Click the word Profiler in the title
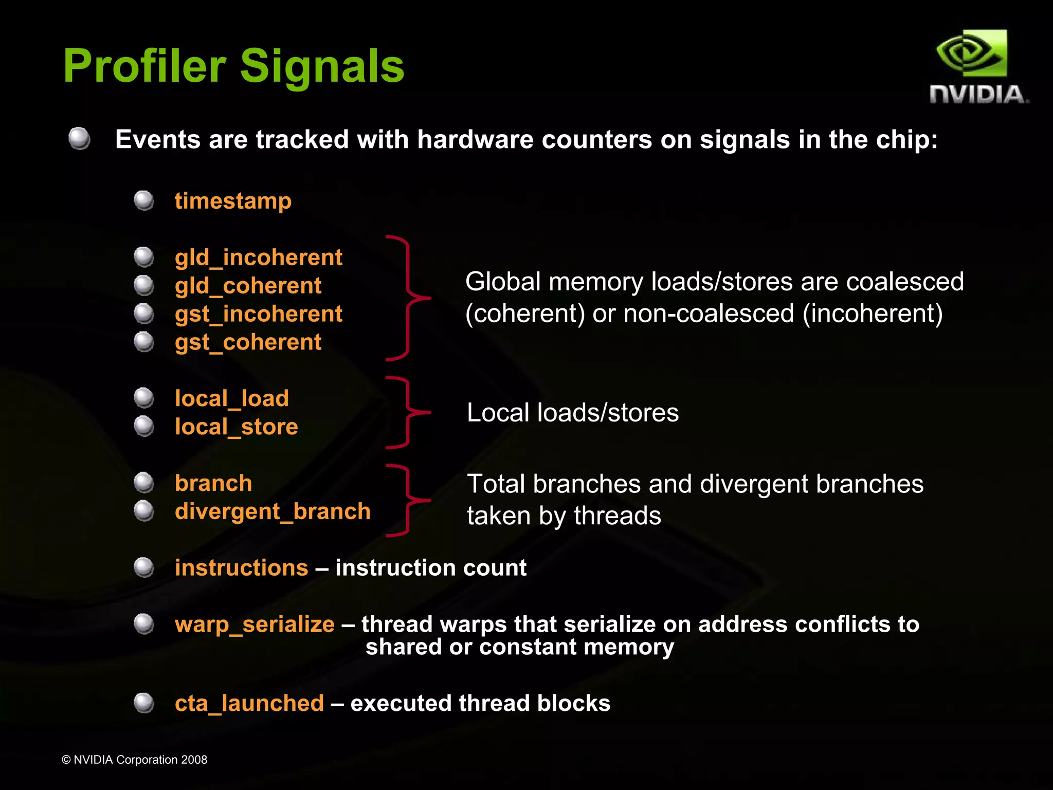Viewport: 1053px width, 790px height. tap(144, 66)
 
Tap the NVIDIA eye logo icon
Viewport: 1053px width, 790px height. tap(971, 53)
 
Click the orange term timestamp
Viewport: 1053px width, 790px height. tap(233, 200)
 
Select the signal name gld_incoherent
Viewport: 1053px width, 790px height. tap(258, 257)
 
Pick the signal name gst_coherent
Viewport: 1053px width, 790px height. tap(248, 342)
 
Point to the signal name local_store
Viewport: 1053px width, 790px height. tap(236, 427)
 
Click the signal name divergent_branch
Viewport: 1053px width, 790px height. tap(273, 511)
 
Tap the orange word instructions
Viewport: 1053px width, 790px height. tap(241, 568)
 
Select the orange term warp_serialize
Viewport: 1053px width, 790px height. tap(255, 624)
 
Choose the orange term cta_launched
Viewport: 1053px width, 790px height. tap(249, 703)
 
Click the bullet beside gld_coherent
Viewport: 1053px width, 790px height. tap(144, 285)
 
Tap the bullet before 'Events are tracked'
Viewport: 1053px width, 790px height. tap(79, 139)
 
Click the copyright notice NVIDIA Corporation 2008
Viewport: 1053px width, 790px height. tap(135, 760)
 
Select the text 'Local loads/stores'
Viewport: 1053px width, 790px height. tap(572, 413)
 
